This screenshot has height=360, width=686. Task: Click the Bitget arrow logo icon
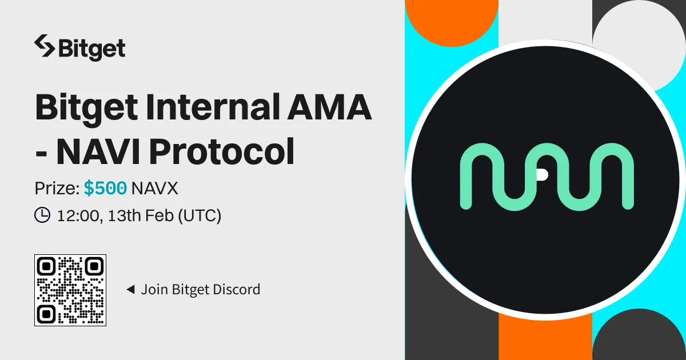tap(45, 46)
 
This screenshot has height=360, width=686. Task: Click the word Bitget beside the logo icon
tap(92, 49)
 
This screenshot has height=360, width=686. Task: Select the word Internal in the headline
tap(213, 107)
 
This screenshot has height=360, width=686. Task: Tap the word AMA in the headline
tap(329, 107)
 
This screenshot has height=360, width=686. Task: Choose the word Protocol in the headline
tap(222, 151)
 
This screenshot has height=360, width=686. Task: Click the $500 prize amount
tap(105, 187)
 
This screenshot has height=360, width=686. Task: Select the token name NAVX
tap(154, 188)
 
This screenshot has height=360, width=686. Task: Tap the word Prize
tap(57, 188)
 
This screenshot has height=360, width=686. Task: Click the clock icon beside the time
tap(42, 215)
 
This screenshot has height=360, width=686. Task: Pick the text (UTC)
tap(200, 215)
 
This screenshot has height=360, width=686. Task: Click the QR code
tap(70, 290)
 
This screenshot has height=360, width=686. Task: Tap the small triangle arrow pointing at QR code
tap(131, 289)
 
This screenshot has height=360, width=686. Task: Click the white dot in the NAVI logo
tap(542, 174)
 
